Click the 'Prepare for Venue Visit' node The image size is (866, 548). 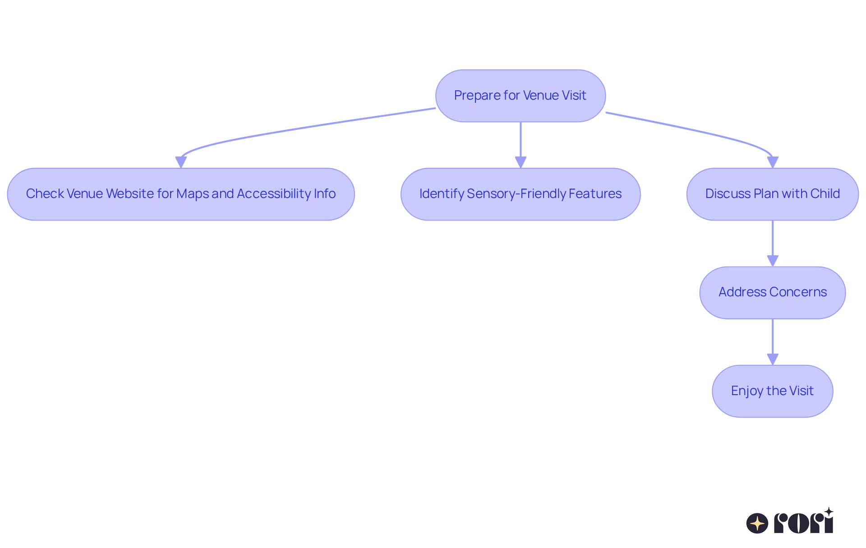click(x=521, y=96)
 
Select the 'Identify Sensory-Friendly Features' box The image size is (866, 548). click(x=521, y=194)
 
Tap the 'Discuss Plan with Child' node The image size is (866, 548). click(x=773, y=194)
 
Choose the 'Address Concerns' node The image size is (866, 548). click(x=773, y=293)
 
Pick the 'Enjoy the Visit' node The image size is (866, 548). click(x=773, y=391)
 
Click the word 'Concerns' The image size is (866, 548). click(x=798, y=292)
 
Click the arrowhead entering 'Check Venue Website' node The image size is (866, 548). click(x=181, y=162)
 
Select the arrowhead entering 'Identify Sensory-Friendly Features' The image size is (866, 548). click(x=521, y=162)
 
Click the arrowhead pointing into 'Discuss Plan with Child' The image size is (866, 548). click(x=773, y=162)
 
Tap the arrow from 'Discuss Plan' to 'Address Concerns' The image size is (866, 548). click(x=773, y=244)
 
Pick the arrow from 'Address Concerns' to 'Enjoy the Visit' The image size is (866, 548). click(x=773, y=342)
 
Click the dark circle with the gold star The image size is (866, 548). click(x=757, y=523)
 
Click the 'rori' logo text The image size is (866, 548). click(x=804, y=521)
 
